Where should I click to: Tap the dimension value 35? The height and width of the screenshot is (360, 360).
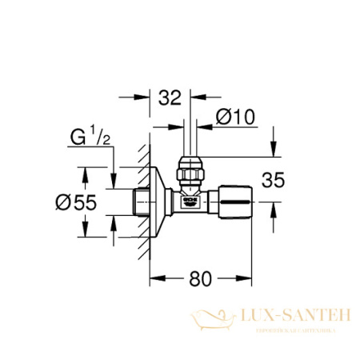tap(274, 181)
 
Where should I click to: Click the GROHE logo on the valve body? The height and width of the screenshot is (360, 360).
tap(190, 202)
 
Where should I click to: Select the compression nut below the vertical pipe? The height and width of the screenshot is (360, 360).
tap(190, 174)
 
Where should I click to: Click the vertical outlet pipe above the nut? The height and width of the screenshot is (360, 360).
tap(190, 144)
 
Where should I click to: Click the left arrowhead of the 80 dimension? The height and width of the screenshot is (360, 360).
tap(156, 279)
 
